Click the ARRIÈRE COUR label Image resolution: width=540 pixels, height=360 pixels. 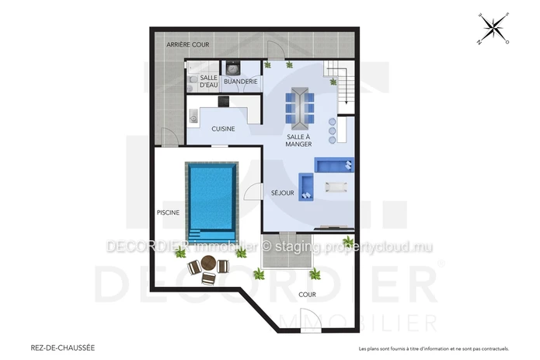click(x=188, y=44)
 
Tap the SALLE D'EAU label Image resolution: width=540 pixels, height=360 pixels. click(x=209, y=82)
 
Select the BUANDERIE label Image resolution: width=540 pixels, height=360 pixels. click(x=241, y=82)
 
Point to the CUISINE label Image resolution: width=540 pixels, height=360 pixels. click(x=223, y=129)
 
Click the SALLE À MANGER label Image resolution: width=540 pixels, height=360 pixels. click(x=298, y=141)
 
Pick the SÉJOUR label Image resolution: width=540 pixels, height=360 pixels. click(x=282, y=193)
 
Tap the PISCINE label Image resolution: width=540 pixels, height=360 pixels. click(x=168, y=212)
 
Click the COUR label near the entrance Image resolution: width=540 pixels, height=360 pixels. click(x=307, y=295)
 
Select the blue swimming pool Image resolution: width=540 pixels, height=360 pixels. click(x=212, y=202)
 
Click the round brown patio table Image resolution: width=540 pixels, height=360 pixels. click(x=208, y=263)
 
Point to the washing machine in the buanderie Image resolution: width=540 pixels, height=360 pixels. click(x=233, y=68)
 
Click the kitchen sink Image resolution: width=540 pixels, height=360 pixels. click(x=193, y=116)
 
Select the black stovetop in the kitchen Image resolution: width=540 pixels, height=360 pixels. click(x=224, y=102)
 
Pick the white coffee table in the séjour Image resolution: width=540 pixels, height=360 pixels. click(x=336, y=187)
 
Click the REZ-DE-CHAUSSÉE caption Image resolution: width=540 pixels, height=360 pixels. click(x=63, y=348)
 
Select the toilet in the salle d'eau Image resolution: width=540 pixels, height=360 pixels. click(x=192, y=80)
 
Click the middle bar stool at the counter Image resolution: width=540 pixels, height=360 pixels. click(x=333, y=131)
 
